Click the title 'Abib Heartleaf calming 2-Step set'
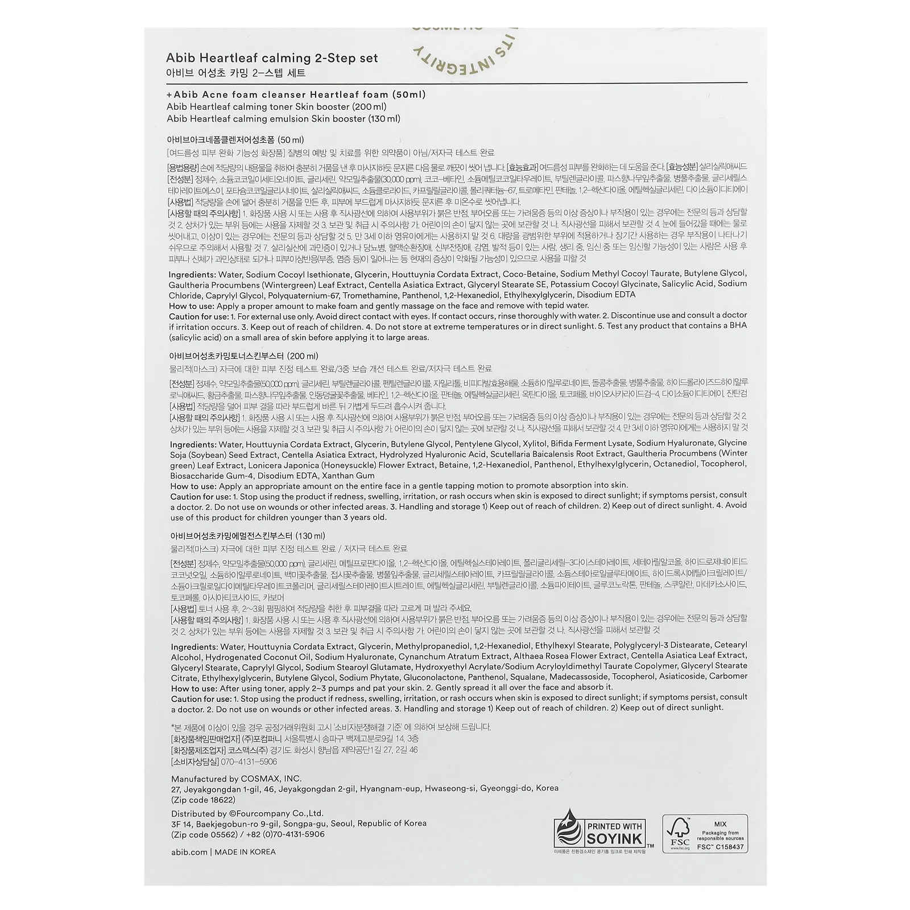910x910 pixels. (x=272, y=58)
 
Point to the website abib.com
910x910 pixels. (x=189, y=852)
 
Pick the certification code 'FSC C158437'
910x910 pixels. (x=720, y=847)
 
